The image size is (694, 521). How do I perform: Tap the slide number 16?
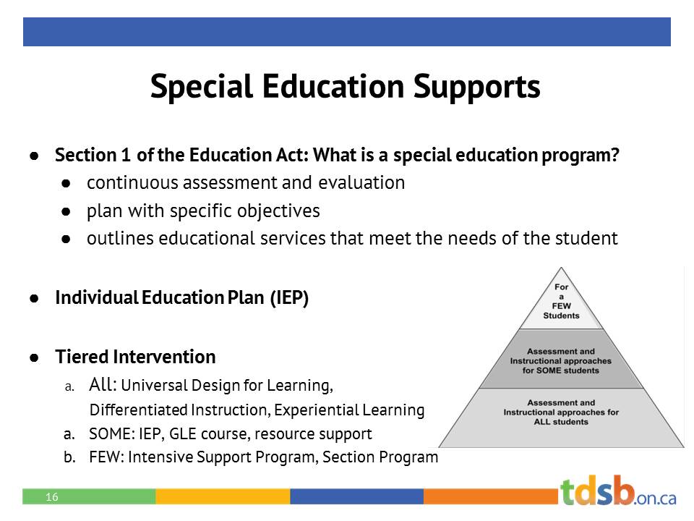51,497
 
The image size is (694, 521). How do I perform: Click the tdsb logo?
618,491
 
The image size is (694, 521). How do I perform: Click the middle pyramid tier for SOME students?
561,360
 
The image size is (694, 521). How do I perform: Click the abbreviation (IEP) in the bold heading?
289,298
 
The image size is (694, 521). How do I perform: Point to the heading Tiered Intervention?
135,357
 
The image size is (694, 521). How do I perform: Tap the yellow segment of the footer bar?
223,496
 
